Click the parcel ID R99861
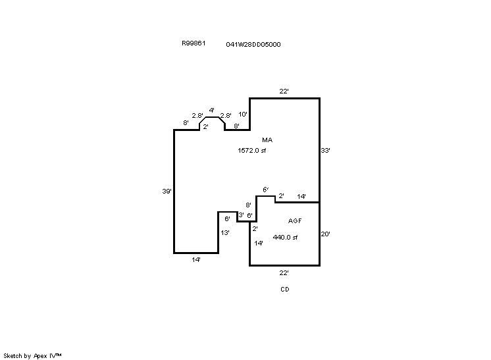194,43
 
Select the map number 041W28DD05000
253,45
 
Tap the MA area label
267,140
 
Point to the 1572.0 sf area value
252,151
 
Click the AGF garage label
295,221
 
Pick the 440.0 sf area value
286,238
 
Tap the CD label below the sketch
284,289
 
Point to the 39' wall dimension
167,192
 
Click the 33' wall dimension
325,151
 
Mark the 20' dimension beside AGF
325,234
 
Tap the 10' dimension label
243,115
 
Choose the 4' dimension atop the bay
211,110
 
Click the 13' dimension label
225,233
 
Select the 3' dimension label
241,215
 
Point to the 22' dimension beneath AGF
284,272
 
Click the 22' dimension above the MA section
284,91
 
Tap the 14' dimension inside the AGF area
259,244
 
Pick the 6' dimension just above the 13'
227,219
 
